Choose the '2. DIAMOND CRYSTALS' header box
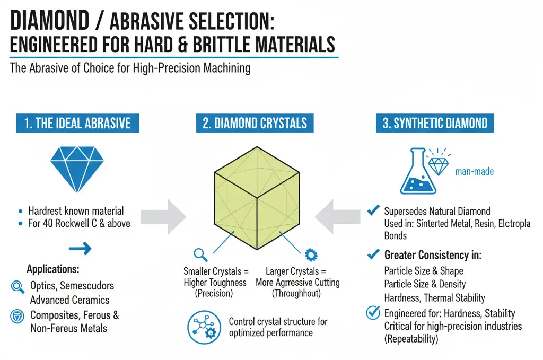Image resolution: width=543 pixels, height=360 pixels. point(255,124)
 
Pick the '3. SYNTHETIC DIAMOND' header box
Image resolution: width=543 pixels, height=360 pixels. point(435,124)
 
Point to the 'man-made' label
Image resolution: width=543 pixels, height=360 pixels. point(474,172)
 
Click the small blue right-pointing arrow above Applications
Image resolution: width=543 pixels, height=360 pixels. point(80,249)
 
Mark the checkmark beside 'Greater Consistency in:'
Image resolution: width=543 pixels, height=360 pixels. point(373,255)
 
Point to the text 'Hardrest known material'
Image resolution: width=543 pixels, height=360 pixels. point(76,211)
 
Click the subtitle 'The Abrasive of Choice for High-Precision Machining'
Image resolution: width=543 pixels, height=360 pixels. point(130,68)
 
